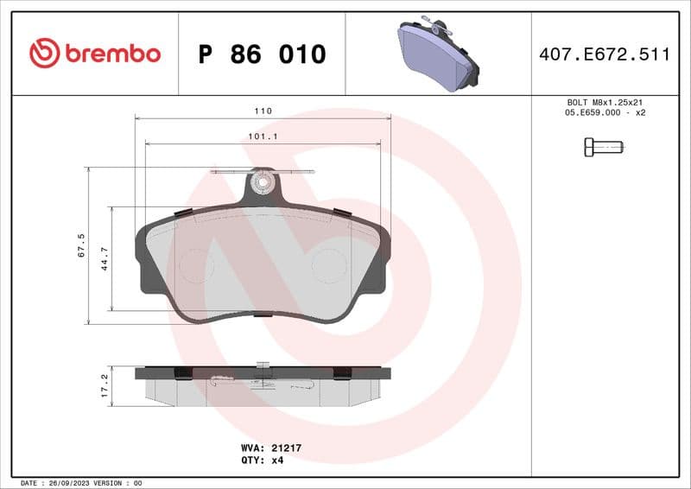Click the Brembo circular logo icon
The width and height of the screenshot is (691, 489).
[x=44, y=54]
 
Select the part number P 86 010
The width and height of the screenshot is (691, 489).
[x=262, y=54]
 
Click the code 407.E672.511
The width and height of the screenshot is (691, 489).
[x=604, y=54]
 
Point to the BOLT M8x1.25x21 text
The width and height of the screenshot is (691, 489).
[x=605, y=102]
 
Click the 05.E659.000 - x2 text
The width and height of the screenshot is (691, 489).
[x=605, y=113]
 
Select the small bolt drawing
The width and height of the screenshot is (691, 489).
[x=604, y=147]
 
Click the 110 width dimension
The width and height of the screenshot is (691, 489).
[x=263, y=111]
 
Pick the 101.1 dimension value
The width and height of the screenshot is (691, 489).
[x=263, y=137]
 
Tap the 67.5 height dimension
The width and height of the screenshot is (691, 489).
[x=81, y=245]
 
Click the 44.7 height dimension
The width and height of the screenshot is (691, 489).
[x=105, y=258]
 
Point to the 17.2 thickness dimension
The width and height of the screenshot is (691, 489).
[x=105, y=385]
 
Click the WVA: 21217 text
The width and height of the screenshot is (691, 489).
[x=270, y=448]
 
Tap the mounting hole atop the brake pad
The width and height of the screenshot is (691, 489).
[x=261, y=183]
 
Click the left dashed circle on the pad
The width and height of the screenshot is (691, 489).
[x=195, y=265]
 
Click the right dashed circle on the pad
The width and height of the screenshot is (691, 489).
[x=328, y=265]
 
